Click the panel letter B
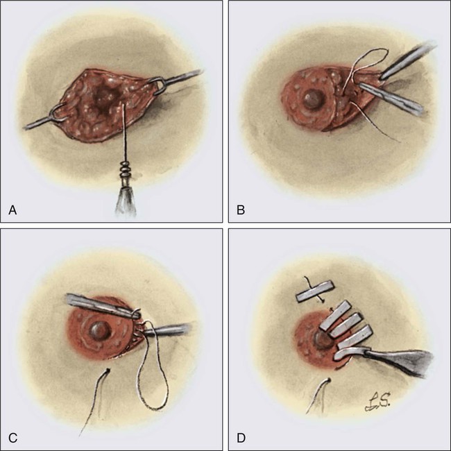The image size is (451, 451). (x=240, y=207)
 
